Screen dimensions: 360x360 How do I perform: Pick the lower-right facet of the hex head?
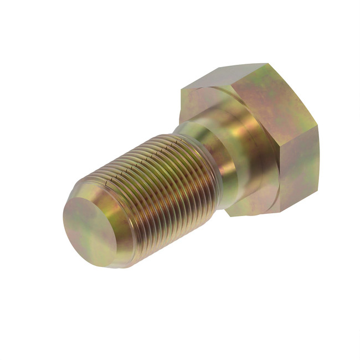click(299, 172)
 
